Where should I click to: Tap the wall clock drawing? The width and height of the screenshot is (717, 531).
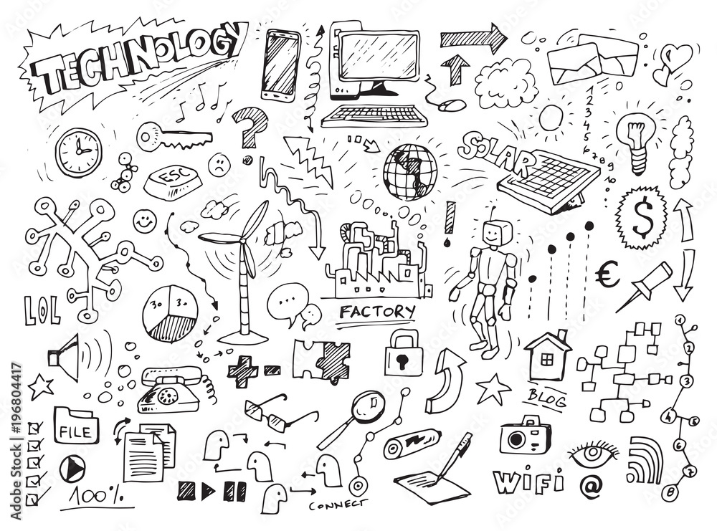pos(78,152)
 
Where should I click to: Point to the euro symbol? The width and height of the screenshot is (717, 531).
pos(607,275)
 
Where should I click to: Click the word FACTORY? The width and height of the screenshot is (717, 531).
pos(377,312)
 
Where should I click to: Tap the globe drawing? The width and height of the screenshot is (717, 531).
pos(409,171)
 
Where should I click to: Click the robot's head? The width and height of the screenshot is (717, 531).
pos(496,234)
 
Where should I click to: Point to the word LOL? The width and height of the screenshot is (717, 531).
pos(42,310)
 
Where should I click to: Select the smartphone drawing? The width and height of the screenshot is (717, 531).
pos(281,64)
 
